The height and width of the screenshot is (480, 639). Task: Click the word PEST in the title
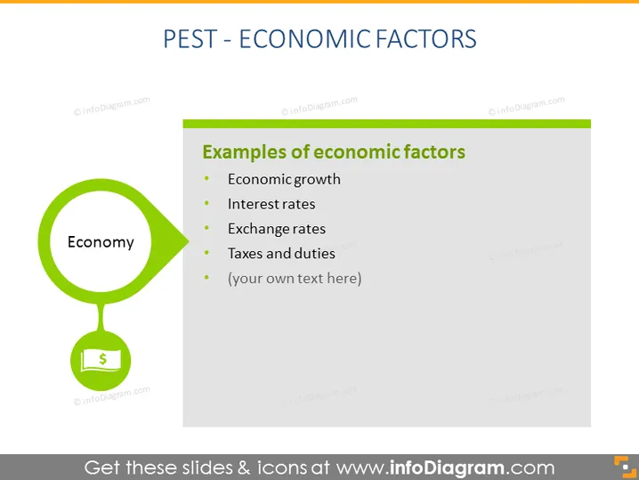point(190,39)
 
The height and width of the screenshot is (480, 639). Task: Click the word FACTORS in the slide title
point(426,39)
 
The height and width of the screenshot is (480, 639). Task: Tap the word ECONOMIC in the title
point(305,39)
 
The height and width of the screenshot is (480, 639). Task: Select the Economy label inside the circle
point(101,242)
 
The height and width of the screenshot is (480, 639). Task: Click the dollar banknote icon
point(101,361)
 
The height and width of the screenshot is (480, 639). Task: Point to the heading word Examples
point(245,152)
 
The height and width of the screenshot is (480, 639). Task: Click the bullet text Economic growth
point(284,179)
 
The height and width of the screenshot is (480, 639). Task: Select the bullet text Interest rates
point(271,204)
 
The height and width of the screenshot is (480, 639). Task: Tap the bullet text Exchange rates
point(277,229)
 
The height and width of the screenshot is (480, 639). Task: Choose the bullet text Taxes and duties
point(281,254)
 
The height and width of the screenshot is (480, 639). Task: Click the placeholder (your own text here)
point(295,279)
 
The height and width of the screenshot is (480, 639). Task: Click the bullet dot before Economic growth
point(207,178)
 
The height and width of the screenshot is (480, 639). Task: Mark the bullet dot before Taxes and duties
point(207,253)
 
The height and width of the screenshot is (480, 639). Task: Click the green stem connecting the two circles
point(101,317)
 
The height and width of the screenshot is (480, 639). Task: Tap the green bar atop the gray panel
point(387,124)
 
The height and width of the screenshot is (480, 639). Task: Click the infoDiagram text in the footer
point(447,468)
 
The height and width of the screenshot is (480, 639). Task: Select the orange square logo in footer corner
point(625,467)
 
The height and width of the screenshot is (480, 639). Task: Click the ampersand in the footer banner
point(244,468)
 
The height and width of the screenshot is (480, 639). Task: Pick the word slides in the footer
point(206,468)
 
